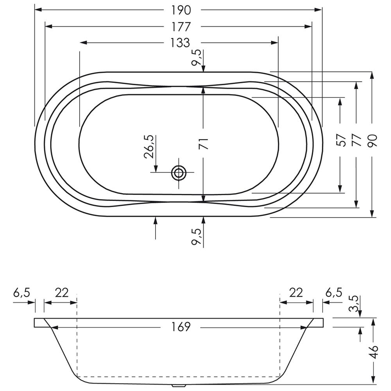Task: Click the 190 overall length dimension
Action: [181, 10]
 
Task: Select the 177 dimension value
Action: [181, 27]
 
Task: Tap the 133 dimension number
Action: [180, 43]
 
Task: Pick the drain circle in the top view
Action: [179, 172]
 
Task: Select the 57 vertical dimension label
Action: [342, 140]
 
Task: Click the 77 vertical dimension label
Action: [356, 140]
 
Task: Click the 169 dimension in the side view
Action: [181, 327]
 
